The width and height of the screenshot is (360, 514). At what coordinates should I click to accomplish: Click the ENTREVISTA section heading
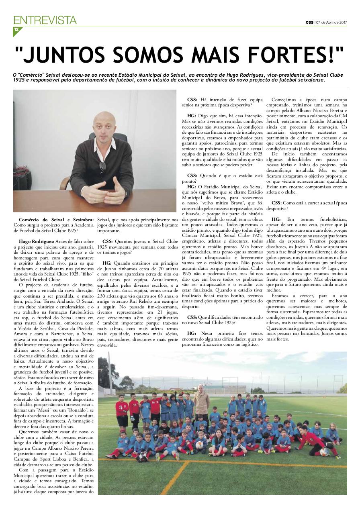(45, 20)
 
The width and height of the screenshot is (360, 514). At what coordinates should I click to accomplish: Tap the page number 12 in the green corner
(16, 30)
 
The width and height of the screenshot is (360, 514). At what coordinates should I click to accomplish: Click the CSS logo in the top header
(309, 22)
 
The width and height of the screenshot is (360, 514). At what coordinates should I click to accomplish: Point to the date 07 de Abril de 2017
(331, 22)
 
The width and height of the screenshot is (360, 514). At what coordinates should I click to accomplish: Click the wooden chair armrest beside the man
(65, 183)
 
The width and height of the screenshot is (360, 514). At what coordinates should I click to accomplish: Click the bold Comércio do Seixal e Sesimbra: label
(56, 220)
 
